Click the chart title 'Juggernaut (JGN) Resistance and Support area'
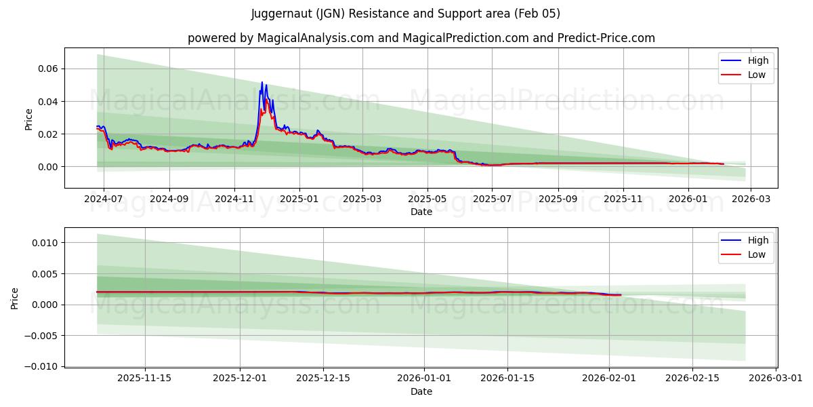point(406,14)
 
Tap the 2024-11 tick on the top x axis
point(234,199)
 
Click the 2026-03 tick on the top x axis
point(751,199)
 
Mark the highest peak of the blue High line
point(262,82)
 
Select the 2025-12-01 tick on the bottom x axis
point(239,379)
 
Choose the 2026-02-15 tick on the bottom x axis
point(692,379)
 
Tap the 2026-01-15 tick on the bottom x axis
point(507,379)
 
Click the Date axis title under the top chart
point(421,212)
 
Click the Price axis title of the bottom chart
point(15,298)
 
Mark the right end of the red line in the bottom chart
point(621,295)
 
